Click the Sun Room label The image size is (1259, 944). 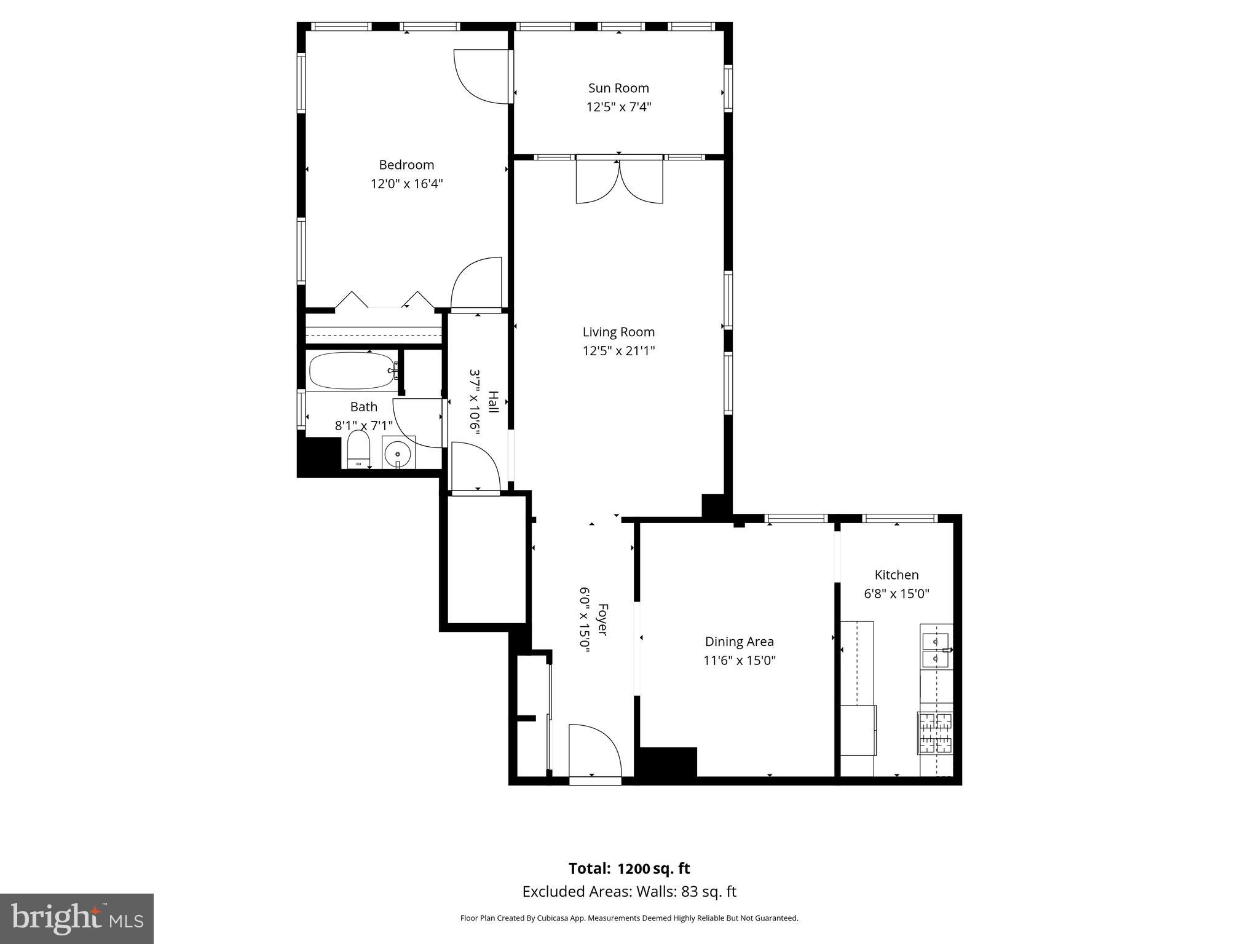[x=618, y=88]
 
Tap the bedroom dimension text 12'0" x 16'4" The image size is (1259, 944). [x=406, y=184]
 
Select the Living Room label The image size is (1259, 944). [x=618, y=332]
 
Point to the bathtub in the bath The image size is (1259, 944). [x=353, y=371]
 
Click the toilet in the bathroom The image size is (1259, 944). [x=358, y=449]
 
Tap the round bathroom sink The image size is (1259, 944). [x=398, y=453]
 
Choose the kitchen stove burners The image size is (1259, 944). [x=934, y=733]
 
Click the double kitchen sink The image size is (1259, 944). [x=936, y=650]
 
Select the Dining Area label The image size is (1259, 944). [x=739, y=642]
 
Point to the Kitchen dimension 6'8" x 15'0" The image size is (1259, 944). [x=896, y=594]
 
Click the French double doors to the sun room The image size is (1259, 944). [x=619, y=179]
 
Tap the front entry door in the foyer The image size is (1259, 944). [x=595, y=753]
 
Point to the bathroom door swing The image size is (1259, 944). [x=417, y=423]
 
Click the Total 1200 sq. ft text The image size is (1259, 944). [x=629, y=868]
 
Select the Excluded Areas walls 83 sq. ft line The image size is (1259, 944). [x=629, y=891]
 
